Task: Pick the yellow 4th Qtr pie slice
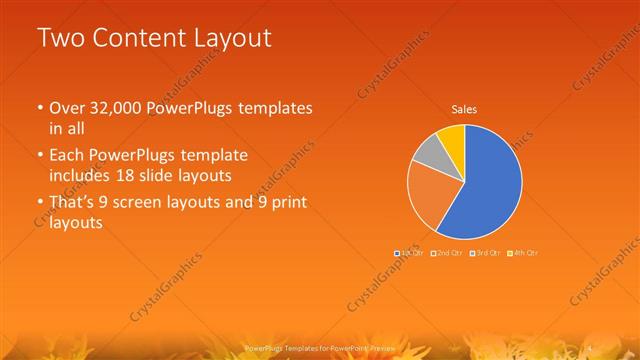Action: [452, 137]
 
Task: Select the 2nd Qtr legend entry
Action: [448, 253]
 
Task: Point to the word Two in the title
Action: [57, 39]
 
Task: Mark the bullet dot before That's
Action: [38, 204]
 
